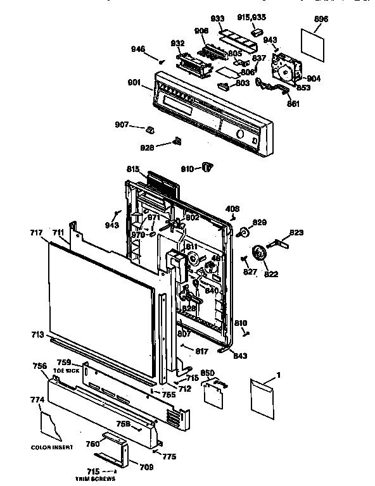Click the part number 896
point(321,20)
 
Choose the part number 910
point(187,169)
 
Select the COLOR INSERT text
point(52,447)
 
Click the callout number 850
point(207,373)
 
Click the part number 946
point(139,49)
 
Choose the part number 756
point(39,366)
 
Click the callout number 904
point(314,79)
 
